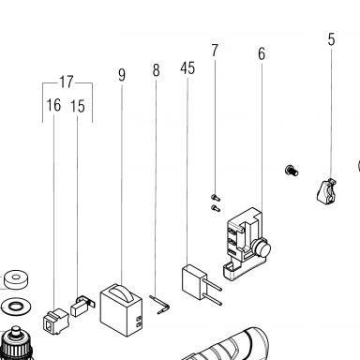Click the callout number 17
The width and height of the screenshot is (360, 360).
(x=67, y=82)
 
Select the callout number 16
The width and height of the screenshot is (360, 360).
(x=53, y=105)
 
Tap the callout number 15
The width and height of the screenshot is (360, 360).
(x=78, y=106)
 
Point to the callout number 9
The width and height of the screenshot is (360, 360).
(x=122, y=75)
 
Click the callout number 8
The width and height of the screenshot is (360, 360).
(x=157, y=70)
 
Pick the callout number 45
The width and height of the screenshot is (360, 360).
(x=187, y=67)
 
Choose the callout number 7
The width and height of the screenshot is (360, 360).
(x=215, y=50)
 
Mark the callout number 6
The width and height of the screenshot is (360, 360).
(x=262, y=53)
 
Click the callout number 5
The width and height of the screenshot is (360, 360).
(x=331, y=39)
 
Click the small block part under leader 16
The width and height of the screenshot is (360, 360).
(x=55, y=321)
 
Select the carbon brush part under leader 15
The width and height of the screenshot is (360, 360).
(x=82, y=306)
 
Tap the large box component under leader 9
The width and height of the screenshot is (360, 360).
(x=121, y=310)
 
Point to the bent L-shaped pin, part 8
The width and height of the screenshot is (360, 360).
(x=160, y=305)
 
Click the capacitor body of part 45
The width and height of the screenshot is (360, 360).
(x=194, y=282)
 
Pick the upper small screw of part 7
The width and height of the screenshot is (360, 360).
(x=216, y=198)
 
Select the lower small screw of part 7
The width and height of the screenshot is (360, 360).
(x=216, y=208)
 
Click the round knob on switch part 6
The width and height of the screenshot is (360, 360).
(x=262, y=248)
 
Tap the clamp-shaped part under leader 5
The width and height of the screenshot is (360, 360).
(x=327, y=191)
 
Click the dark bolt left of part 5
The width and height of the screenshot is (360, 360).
(x=292, y=171)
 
